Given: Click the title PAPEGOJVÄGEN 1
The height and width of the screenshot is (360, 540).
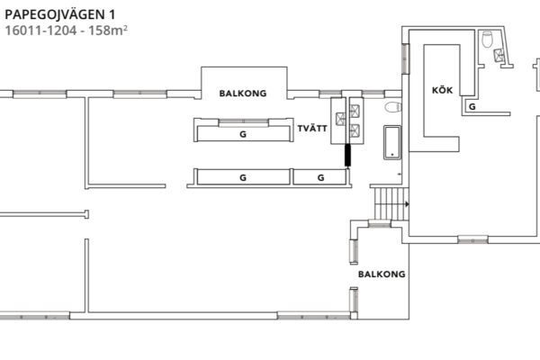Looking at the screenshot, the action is [60, 14].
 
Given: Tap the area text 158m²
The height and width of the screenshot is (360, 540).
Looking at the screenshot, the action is [108, 31].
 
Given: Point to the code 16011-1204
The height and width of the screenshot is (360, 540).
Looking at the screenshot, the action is [41, 31].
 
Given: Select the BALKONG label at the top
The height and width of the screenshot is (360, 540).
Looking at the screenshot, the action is [243, 94].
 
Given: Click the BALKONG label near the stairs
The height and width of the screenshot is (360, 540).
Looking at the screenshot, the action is [382, 274].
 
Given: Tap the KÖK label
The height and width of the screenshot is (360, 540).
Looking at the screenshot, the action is [442, 90].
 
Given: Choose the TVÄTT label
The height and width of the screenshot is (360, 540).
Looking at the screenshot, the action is [312, 129].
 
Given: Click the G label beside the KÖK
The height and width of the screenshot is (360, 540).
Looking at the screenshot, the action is [472, 107].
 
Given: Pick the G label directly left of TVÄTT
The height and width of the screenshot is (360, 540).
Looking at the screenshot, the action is [243, 134].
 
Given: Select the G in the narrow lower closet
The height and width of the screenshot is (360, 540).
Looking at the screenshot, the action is [320, 178].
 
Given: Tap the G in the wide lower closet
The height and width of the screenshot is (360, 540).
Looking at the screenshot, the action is [243, 178].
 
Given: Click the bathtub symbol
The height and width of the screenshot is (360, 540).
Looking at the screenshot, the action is [392, 142].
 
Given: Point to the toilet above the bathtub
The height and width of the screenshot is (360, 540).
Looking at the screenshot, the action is [393, 107].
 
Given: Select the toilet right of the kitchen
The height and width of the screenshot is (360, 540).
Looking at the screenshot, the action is [487, 40].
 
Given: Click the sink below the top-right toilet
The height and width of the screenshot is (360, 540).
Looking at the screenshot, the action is [499, 55].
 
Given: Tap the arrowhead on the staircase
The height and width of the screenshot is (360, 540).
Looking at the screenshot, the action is [407, 204].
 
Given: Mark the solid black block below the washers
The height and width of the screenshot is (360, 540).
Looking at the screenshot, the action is [347, 156].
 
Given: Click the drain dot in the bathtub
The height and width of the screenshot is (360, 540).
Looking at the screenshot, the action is [392, 155].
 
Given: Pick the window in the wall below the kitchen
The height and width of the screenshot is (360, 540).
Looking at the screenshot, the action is [472, 239].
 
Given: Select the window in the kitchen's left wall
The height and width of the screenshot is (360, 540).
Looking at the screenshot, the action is [405, 58].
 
